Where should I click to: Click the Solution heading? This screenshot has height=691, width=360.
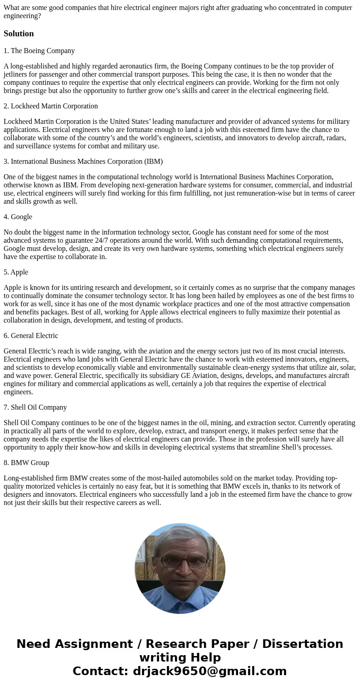click(x=19, y=34)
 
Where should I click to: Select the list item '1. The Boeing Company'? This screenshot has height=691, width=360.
click(x=39, y=51)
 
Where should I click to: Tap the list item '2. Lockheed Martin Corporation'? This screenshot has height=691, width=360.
click(x=51, y=106)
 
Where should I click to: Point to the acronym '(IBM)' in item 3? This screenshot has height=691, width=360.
click(x=154, y=162)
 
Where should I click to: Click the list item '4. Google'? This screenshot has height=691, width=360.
click(x=18, y=217)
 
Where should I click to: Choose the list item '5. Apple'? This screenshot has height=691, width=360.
click(x=16, y=272)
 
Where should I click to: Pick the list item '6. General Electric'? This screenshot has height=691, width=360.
click(x=31, y=336)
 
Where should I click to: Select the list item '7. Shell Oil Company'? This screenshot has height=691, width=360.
click(x=35, y=407)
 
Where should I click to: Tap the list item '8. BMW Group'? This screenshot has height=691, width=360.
click(x=26, y=463)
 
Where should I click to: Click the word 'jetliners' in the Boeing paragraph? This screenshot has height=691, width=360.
click(x=16, y=74)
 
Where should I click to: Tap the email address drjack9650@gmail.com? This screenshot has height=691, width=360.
click(x=209, y=671)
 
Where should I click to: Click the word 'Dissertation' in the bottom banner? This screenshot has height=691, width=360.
click(x=302, y=644)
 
